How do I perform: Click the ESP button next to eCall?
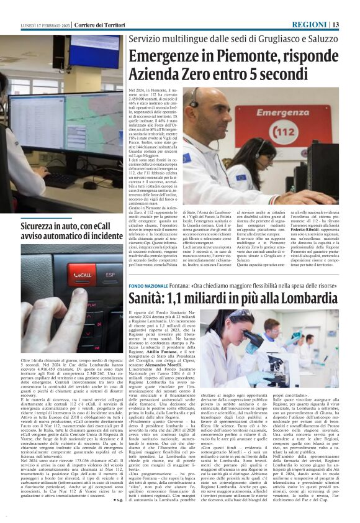click(112, 273)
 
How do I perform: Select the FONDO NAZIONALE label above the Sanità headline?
click(148, 285)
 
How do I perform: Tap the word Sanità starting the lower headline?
click(147, 299)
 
